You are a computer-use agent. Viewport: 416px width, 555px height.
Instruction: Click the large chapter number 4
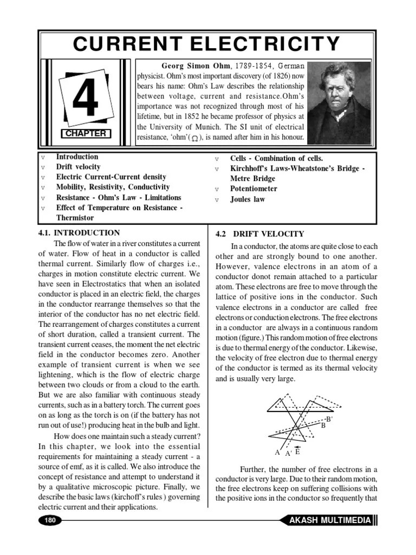[x=85, y=99]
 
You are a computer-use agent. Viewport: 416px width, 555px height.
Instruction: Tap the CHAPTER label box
[x=85, y=133]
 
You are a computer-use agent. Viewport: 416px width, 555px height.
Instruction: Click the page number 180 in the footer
[x=50, y=520]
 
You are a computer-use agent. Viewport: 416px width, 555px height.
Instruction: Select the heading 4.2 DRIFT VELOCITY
[x=259, y=234]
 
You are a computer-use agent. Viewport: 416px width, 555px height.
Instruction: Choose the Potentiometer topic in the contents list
[x=253, y=189]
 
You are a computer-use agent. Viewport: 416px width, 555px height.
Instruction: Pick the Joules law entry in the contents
[x=248, y=199]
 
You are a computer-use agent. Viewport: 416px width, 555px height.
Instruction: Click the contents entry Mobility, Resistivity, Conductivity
[x=113, y=187]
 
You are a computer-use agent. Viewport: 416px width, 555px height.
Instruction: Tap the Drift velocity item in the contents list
[x=78, y=167]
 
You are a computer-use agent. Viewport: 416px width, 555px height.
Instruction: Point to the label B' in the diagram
[x=329, y=419]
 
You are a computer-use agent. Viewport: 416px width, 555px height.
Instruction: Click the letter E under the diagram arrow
[x=297, y=452]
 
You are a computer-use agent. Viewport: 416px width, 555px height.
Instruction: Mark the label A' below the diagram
[x=288, y=454]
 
